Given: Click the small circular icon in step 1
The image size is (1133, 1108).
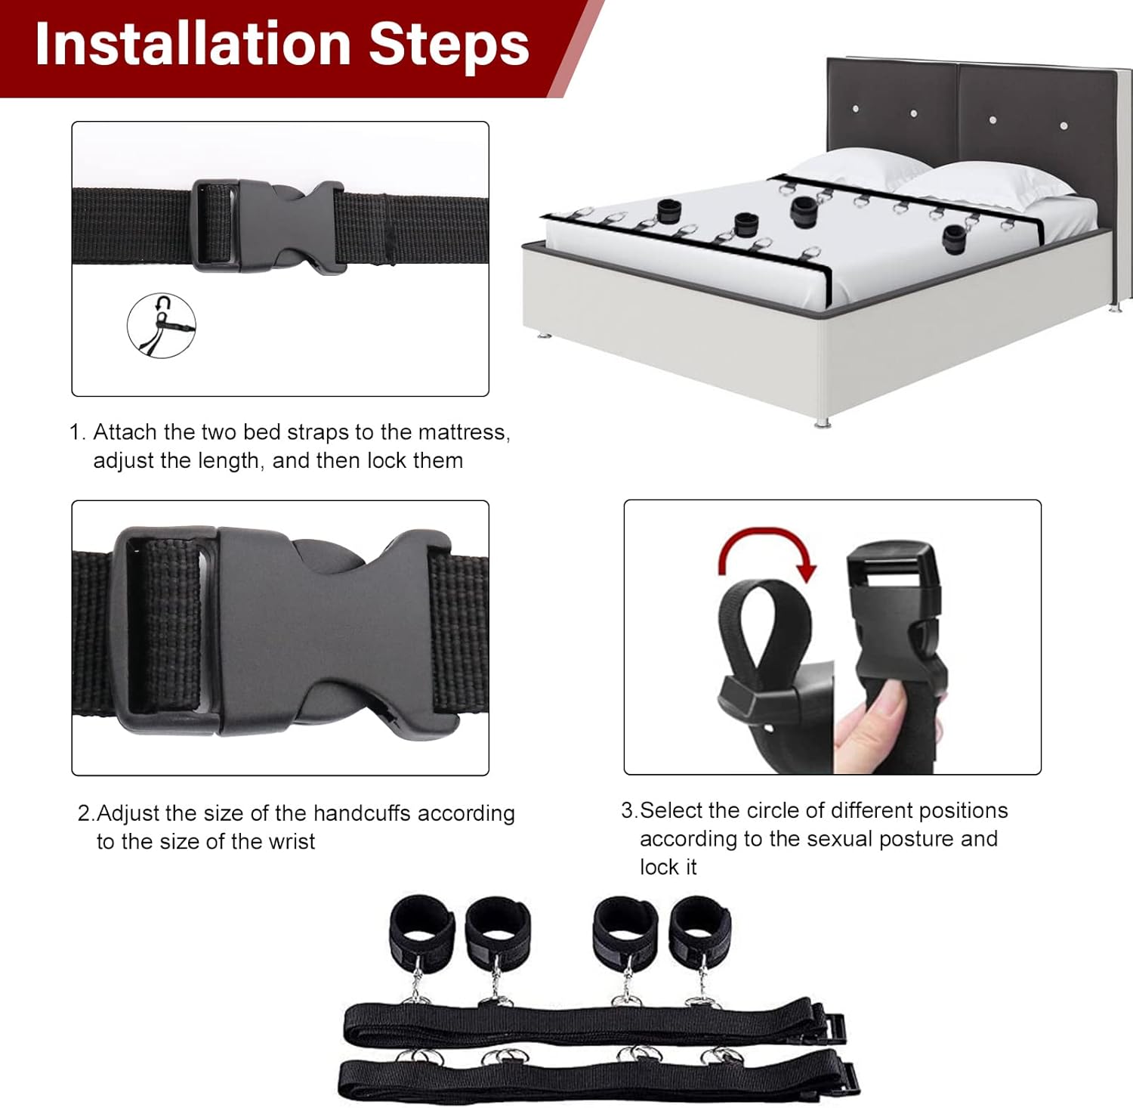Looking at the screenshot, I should click(161, 325).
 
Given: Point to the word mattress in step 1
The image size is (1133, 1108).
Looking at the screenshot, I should click(463, 432).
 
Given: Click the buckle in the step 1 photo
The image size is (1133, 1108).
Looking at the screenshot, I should click(264, 224).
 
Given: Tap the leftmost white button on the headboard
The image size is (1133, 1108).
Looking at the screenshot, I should click(855, 109).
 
